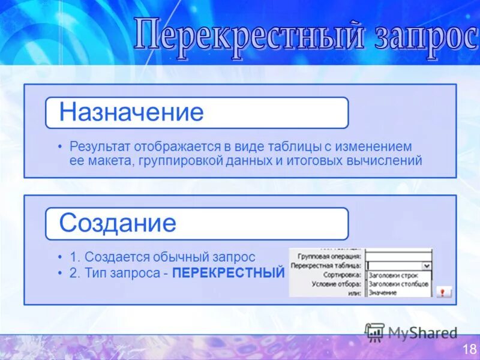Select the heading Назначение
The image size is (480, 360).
pyautogui.click(x=131, y=112)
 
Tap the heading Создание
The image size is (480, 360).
pyautogui.click(x=118, y=223)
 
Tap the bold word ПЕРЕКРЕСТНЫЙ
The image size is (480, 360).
pyautogui.click(x=228, y=273)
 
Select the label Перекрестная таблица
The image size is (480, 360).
pyautogui.click(x=326, y=265)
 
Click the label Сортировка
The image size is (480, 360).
pyautogui.click(x=344, y=274)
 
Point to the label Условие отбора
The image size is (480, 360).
pyautogui.click(x=337, y=283)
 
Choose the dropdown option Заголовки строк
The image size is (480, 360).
pyautogui.click(x=393, y=275)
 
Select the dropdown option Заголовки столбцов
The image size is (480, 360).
pyautogui.click(x=398, y=284)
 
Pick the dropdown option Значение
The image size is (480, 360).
pyautogui.click(x=382, y=292)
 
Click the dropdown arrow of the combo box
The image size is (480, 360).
pyautogui.click(x=427, y=265)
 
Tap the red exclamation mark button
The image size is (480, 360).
pyautogui.click(x=443, y=292)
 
